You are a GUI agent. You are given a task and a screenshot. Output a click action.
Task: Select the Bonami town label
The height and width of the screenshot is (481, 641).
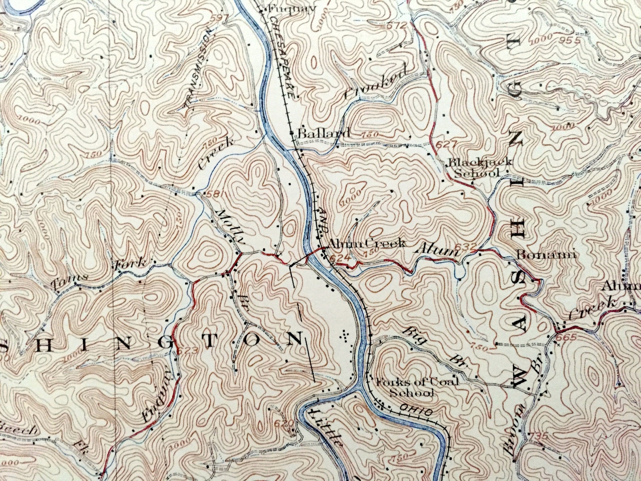pyautogui.click(x=547, y=255)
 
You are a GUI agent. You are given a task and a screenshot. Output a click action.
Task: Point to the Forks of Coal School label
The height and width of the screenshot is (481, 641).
pyautogui.click(x=417, y=387)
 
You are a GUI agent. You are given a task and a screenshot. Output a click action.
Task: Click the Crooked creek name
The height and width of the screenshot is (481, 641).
pyautogui.click(x=375, y=83)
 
